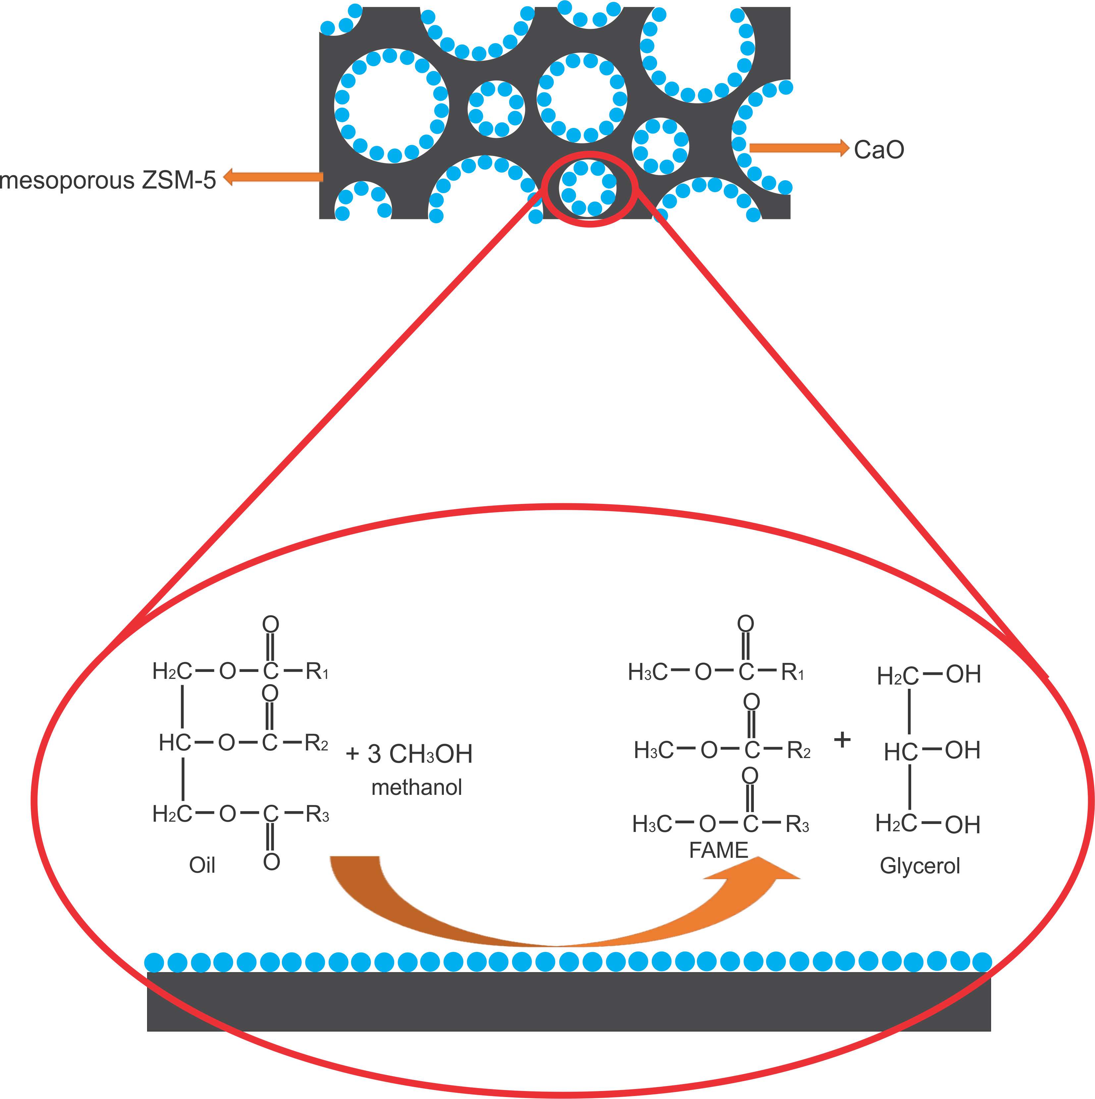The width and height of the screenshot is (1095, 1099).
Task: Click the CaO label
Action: click(878, 150)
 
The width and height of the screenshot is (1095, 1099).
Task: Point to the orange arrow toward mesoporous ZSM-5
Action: click(273, 177)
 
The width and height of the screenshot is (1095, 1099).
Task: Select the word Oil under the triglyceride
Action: click(202, 865)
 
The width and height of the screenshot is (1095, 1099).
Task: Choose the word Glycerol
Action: click(920, 866)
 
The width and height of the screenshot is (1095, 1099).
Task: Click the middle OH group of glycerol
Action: click(963, 751)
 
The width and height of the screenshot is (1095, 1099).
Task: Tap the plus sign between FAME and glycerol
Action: click(842, 740)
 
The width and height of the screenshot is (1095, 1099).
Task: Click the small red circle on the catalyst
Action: click(590, 189)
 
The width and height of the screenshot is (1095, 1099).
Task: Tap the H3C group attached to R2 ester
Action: click(653, 751)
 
